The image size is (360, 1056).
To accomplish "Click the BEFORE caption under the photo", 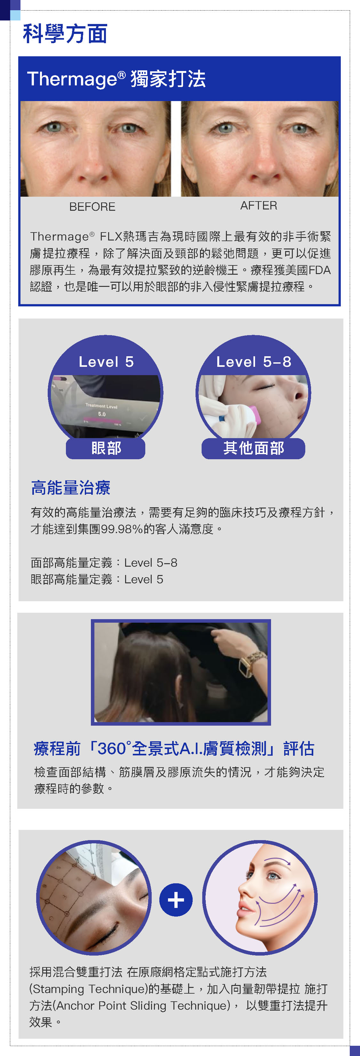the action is (x=92, y=207).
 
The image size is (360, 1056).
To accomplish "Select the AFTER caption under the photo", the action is (x=259, y=205).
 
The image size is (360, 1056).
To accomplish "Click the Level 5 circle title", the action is (x=106, y=362).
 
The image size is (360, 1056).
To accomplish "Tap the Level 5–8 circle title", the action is (x=254, y=362).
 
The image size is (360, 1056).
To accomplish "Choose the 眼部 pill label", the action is (x=106, y=448).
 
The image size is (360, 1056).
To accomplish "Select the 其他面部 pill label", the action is (x=254, y=448).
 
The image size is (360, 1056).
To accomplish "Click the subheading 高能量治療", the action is (x=70, y=487).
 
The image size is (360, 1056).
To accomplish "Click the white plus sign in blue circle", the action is (x=176, y=900).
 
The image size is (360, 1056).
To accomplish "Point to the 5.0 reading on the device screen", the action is (x=102, y=414).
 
